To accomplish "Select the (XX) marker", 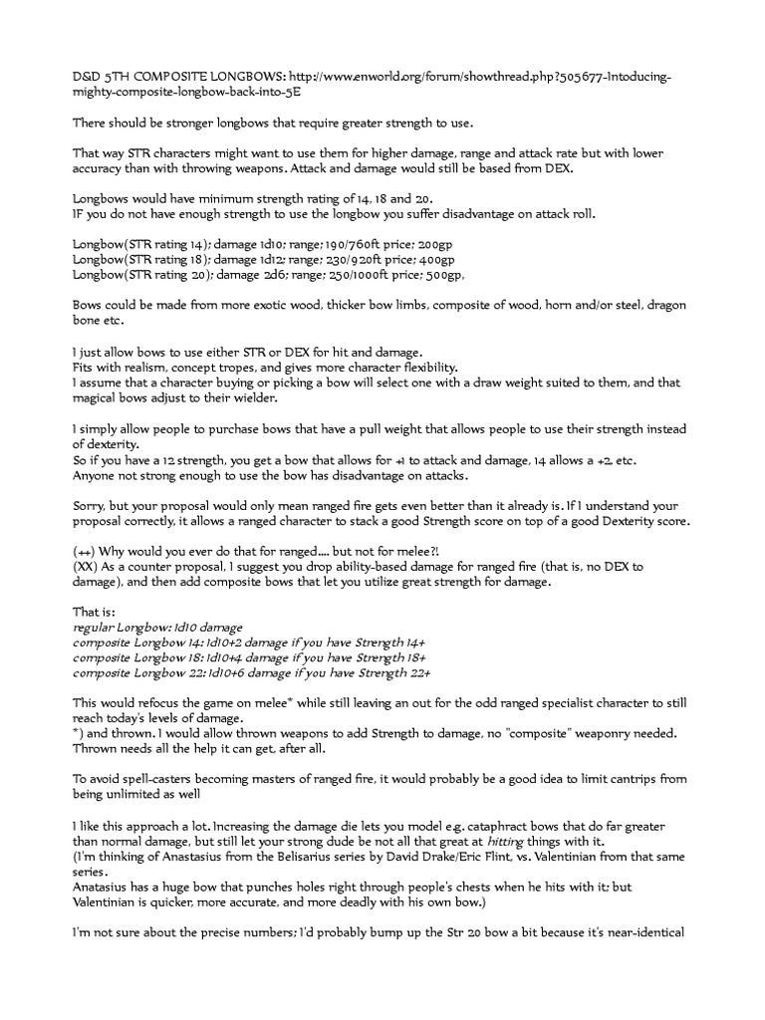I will [x=86, y=567].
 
